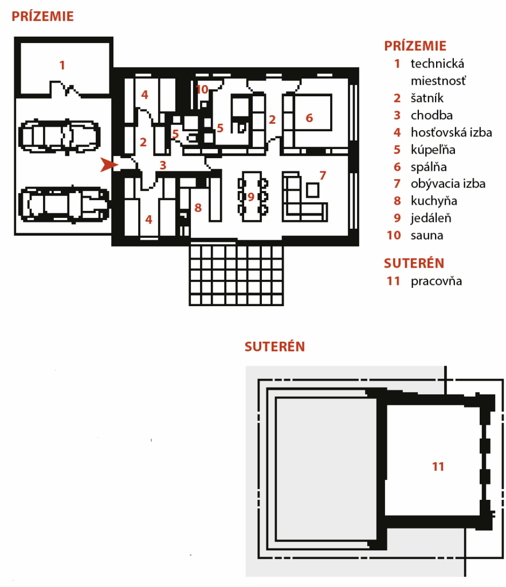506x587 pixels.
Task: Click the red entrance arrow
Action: click(x=109, y=165)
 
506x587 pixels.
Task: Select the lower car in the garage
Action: click(x=64, y=205)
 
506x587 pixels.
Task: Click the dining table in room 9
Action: click(x=252, y=197)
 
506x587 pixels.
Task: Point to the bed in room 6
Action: click(x=313, y=112)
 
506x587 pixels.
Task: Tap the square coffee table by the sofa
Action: click(x=312, y=190)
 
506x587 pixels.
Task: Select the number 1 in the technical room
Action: click(x=62, y=65)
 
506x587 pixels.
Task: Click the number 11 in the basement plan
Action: click(x=438, y=467)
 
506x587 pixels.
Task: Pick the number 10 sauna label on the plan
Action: click(x=202, y=89)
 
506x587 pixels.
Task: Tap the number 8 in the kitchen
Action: click(x=198, y=208)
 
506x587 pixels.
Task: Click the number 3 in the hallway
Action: click(x=163, y=165)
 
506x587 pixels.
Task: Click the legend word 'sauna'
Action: click(x=427, y=236)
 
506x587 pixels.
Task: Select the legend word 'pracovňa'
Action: click(x=437, y=281)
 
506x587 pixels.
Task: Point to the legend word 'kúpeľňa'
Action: click(x=433, y=150)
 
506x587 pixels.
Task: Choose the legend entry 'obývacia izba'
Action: click(x=448, y=184)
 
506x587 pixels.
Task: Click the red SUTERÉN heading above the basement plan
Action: click(x=274, y=347)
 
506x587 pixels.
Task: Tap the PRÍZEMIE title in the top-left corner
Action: click(x=42, y=17)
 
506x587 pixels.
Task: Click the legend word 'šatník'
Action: click(x=427, y=98)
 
